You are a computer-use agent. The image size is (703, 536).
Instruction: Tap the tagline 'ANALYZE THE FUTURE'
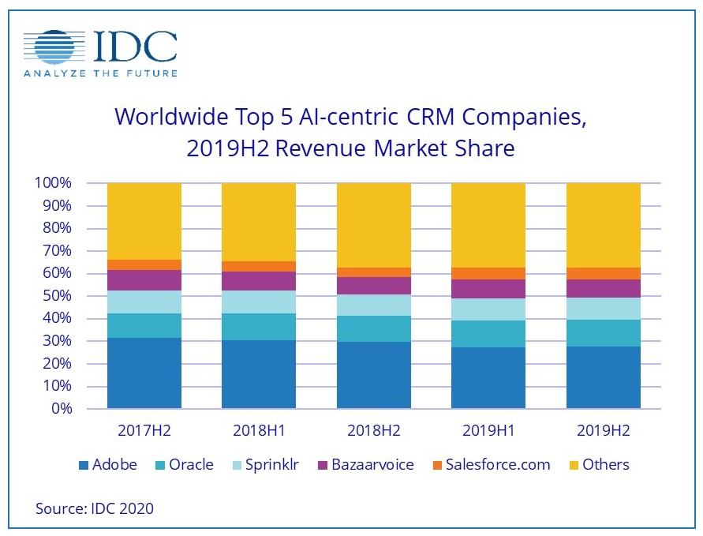point(100,73)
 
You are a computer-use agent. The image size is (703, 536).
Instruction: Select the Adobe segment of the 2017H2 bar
point(144,373)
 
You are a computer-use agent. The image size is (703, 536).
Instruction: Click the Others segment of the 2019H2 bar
point(604,225)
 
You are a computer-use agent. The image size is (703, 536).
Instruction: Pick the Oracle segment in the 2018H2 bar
point(374,328)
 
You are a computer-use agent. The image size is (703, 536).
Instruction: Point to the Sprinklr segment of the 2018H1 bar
point(259,302)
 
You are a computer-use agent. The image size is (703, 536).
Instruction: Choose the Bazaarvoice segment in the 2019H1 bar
point(488,289)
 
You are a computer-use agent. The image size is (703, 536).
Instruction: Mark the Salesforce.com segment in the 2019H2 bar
point(604,273)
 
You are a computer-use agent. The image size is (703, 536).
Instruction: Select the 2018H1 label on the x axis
point(259,431)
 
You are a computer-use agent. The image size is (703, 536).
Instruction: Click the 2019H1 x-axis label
point(488,431)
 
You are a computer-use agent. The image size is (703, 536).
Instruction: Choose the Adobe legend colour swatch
point(84,465)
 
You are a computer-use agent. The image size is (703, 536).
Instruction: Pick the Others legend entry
point(605,465)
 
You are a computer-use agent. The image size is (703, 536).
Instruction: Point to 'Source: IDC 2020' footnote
point(95,508)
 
